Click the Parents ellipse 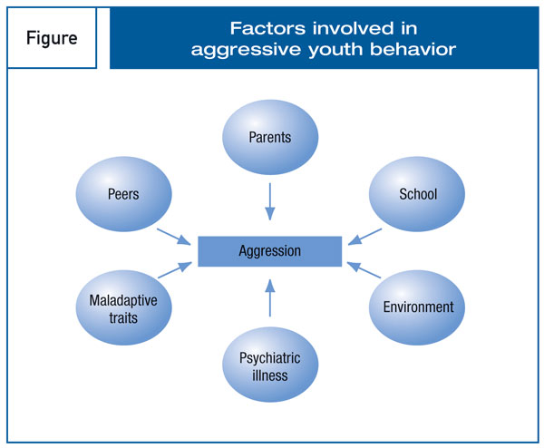point(270,137)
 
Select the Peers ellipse point(123,194)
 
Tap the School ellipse point(417,194)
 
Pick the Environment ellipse point(417,307)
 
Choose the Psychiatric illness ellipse point(270,365)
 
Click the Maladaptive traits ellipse point(123,307)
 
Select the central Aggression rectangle point(270,251)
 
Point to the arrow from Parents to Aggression point(270,201)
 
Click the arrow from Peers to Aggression point(174,237)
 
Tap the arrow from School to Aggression point(364,237)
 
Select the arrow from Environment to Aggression point(364,270)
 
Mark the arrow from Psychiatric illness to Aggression point(270,298)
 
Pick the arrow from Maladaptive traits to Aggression point(175,270)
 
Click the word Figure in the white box point(52,38)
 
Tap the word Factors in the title point(267,28)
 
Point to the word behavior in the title point(413,49)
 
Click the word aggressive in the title point(246,51)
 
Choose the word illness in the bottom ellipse point(270,375)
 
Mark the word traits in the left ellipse point(123,318)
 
